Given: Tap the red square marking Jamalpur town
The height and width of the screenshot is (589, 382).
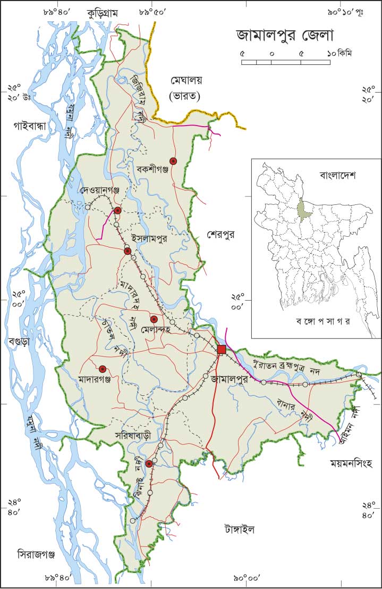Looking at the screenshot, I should pos(222,349).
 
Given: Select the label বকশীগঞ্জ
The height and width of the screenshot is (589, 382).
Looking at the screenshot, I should pos(152,170).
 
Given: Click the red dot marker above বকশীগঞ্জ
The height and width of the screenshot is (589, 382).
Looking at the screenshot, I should pos(173,161).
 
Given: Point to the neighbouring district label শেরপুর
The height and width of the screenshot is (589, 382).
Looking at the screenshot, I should pos(221,235).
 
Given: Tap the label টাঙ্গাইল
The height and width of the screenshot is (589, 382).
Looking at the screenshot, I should pos(239,529).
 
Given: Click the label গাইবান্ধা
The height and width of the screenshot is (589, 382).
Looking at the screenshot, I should pos(30,126).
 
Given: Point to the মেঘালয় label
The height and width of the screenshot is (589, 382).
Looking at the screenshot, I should pos(190,80).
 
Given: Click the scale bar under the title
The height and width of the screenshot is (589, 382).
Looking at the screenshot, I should pos(286,62).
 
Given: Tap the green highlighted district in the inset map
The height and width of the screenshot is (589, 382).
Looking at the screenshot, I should pos(304,209).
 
